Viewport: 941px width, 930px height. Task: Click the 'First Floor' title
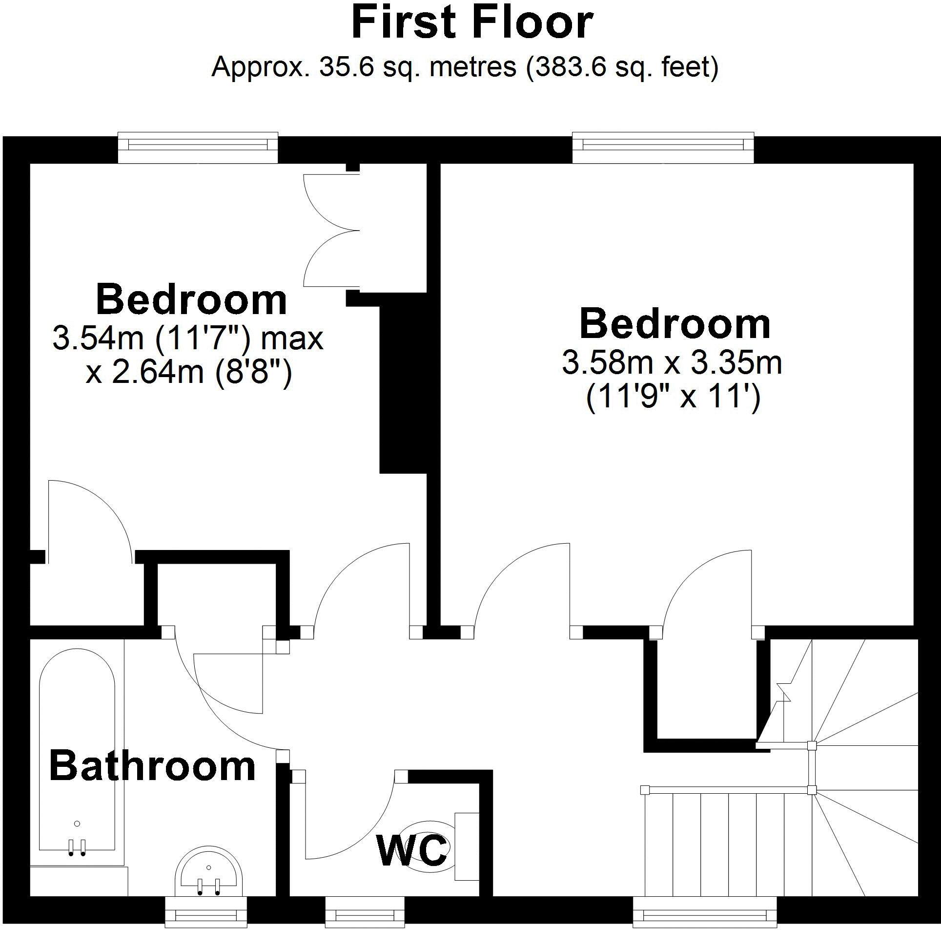471,23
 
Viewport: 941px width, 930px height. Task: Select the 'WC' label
411,850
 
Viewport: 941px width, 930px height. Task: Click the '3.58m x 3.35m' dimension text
672,362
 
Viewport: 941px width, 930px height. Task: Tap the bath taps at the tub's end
77,848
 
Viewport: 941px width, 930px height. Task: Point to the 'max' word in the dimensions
292,338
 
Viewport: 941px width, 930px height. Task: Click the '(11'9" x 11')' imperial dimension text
673,398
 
